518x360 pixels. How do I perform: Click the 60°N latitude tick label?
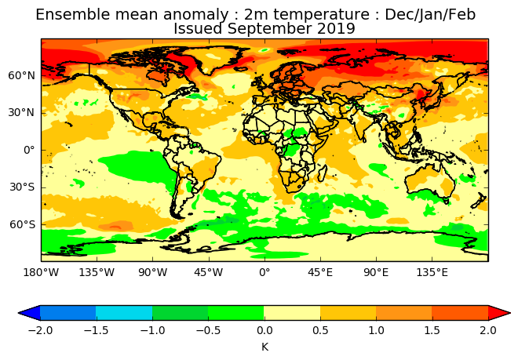(x=22, y=75)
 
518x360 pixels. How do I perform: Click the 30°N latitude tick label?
(x=22, y=112)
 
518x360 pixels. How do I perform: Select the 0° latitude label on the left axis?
(x=28, y=150)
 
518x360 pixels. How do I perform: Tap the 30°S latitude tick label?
(x=22, y=187)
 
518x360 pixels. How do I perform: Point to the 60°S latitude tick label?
(x=22, y=224)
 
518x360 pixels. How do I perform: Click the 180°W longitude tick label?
(x=41, y=272)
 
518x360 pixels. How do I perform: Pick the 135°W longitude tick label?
(x=97, y=272)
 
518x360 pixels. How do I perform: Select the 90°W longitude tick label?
(x=152, y=272)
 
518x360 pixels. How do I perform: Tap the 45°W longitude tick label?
(x=209, y=272)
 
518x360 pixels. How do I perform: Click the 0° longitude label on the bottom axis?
(x=264, y=272)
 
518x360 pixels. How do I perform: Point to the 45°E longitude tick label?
(x=320, y=272)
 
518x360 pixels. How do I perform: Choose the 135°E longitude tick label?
(x=432, y=272)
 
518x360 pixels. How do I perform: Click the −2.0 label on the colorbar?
(x=40, y=330)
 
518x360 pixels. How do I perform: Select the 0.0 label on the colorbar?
(x=264, y=330)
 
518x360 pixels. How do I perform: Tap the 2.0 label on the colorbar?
(x=488, y=330)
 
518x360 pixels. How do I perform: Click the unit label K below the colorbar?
(x=264, y=346)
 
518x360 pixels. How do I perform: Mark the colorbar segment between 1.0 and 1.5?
(x=404, y=313)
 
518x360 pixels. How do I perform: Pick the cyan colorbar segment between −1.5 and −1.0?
(x=124, y=313)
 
